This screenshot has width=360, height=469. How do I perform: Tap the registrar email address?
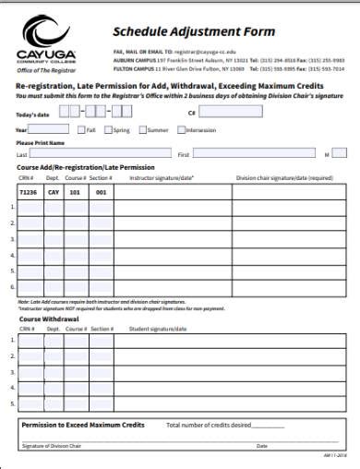(207, 53)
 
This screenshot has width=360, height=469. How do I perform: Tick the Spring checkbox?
(111, 130)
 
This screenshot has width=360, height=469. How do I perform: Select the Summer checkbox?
(142, 130)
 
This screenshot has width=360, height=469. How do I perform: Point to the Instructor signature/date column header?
(162, 177)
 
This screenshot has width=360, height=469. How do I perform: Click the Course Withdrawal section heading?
(45, 319)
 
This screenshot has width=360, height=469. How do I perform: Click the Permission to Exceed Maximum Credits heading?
(83, 425)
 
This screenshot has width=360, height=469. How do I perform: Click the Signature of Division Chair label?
(50, 446)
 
